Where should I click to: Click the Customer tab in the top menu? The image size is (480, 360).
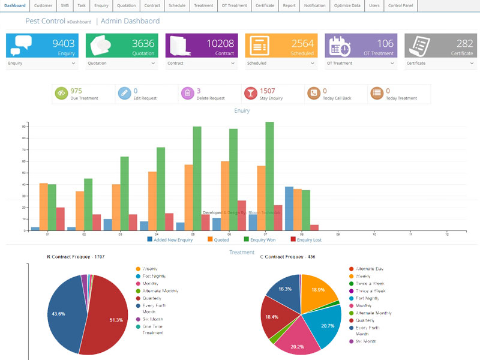(x=43, y=5)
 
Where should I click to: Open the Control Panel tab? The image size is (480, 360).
(x=400, y=5)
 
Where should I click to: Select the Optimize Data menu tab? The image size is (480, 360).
(x=346, y=5)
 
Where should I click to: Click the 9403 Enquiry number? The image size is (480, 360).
(x=64, y=43)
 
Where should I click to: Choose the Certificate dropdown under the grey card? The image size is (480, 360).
(x=440, y=63)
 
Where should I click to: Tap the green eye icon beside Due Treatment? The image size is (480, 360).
(x=62, y=93)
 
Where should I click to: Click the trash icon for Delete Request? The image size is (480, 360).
(x=187, y=93)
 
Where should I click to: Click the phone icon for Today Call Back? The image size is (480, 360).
(x=313, y=93)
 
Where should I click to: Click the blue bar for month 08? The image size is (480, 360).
(x=289, y=208)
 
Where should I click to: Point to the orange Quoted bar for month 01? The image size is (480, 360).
(x=44, y=206)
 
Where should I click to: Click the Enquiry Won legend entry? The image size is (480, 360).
(x=265, y=239)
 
